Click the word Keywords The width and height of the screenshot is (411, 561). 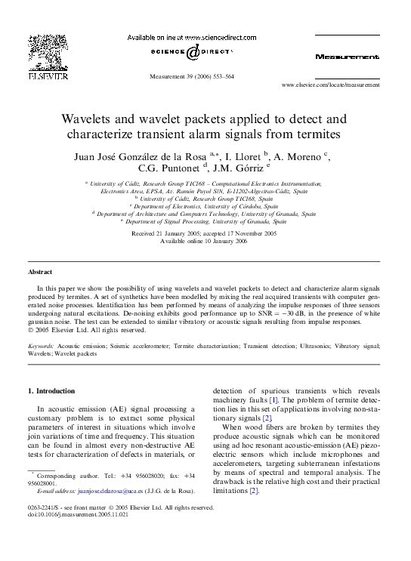click(x=43, y=345)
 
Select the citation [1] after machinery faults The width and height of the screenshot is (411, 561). click(x=274, y=399)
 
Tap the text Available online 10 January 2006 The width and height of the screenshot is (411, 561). click(x=205, y=240)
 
